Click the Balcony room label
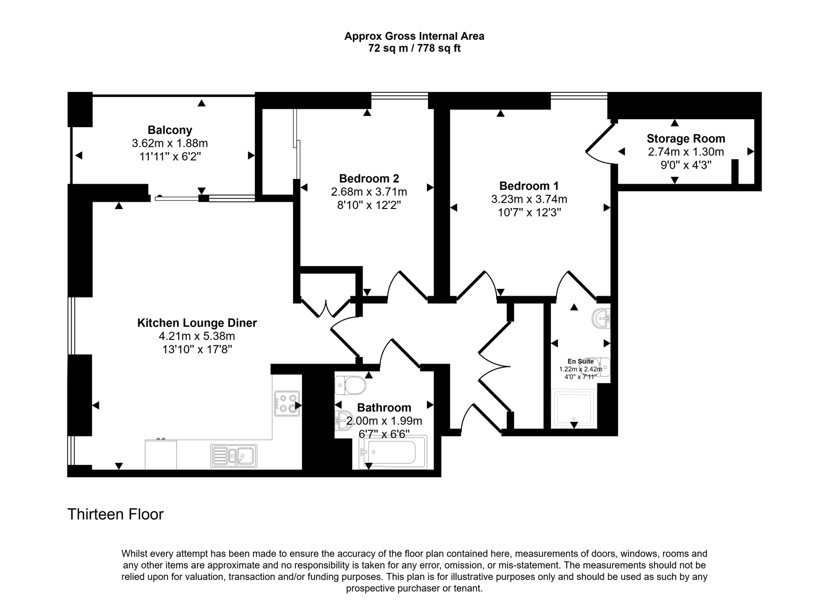tap(170, 130)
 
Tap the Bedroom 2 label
tap(369, 178)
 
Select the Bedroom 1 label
tap(529, 186)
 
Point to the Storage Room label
tap(686, 139)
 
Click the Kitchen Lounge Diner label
tap(197, 323)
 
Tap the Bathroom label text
tap(384, 408)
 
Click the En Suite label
tap(581, 361)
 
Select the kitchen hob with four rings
tap(287, 404)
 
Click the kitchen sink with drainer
tap(234, 455)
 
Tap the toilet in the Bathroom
tap(350, 385)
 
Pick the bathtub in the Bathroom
tap(393, 452)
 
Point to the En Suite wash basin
tap(602, 318)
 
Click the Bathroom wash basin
tap(344, 420)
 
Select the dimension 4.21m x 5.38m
tap(197, 336)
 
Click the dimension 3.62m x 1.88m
tap(170, 143)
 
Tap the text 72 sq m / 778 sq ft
tap(414, 48)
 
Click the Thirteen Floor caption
tap(116, 514)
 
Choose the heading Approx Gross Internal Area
tap(414, 36)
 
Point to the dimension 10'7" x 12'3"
tap(529, 212)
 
